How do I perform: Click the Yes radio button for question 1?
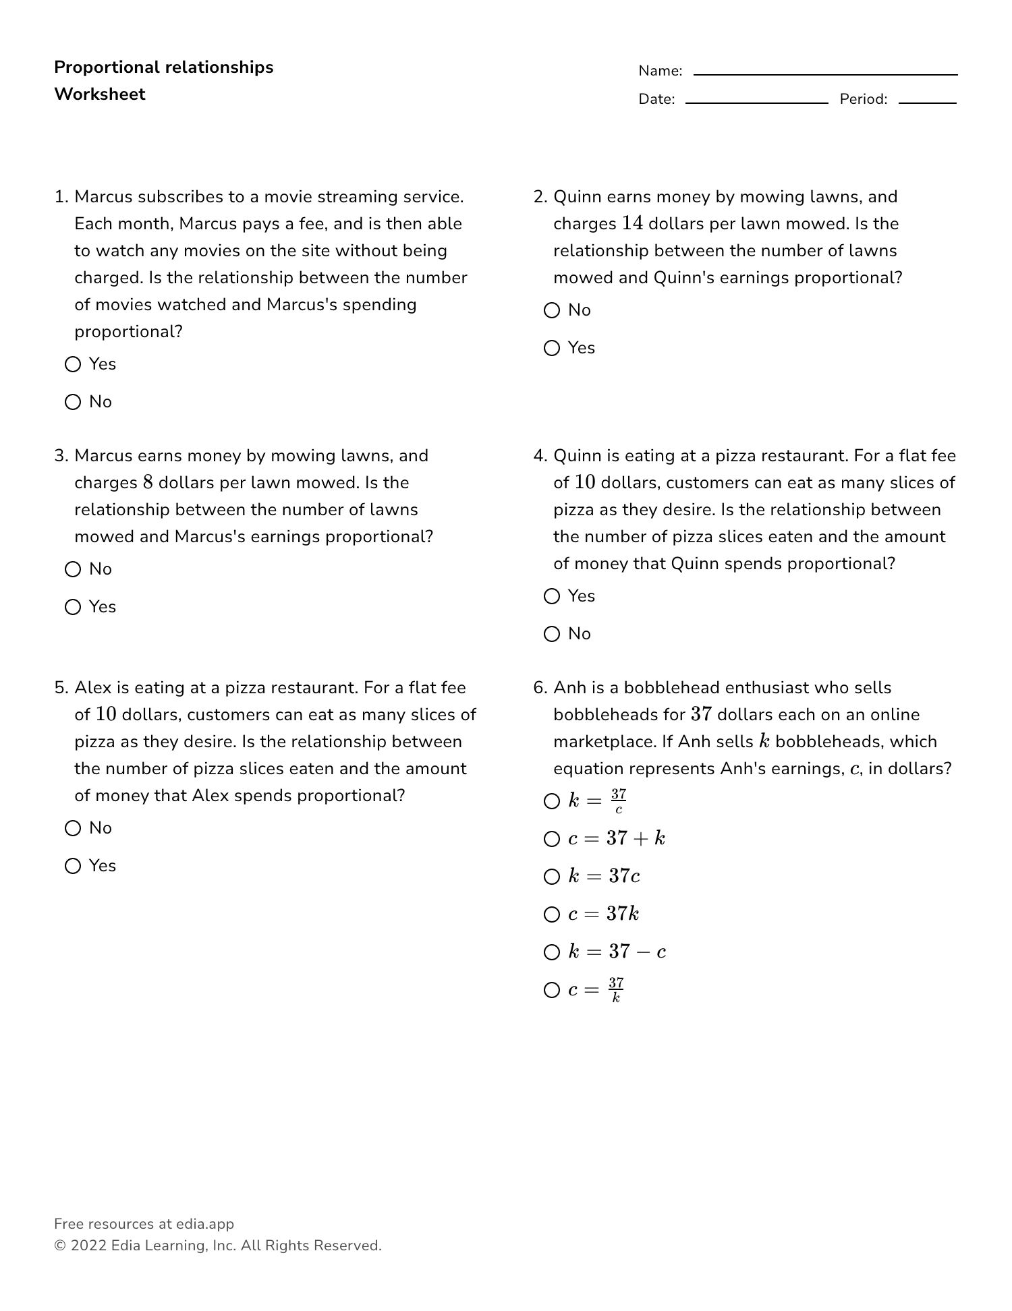[73, 364]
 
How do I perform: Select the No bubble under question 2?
[552, 310]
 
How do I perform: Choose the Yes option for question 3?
[73, 607]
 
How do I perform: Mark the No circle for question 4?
[552, 634]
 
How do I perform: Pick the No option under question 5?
[73, 828]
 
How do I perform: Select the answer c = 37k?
[552, 914]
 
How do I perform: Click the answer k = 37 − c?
[552, 952]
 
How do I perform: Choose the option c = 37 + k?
[552, 839]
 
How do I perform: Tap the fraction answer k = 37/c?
[552, 801]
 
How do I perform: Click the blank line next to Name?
[825, 73]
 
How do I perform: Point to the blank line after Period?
[927, 101]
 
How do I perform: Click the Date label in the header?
[656, 99]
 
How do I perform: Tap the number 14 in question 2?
[632, 223]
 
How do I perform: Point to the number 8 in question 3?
[148, 482]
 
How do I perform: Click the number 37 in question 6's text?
[702, 714]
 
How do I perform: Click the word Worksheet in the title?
[100, 94]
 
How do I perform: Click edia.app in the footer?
[205, 1224]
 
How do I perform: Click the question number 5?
[61, 688]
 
